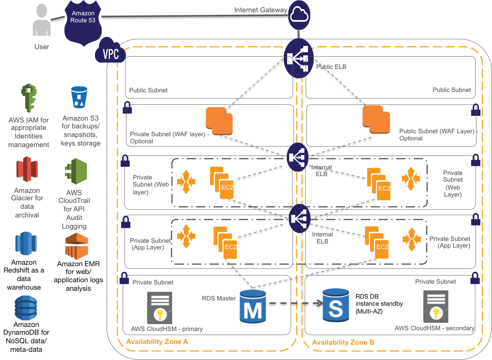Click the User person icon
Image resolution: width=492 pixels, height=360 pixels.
pos(41,21)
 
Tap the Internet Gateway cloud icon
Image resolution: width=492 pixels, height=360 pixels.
pos(299,15)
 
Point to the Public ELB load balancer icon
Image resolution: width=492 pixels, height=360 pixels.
pos(298,58)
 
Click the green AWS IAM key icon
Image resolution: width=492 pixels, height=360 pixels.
pos(29,98)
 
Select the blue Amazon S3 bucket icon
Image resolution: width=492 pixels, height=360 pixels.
pos(79,97)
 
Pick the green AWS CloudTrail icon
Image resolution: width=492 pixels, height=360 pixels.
pos(76,171)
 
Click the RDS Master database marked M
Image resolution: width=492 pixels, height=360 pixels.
pos(253,306)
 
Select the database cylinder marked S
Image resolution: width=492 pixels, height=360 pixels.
pos(336,305)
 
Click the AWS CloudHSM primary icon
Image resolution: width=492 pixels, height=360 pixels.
pos(160,308)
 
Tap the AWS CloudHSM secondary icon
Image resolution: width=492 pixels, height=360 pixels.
pos(436,306)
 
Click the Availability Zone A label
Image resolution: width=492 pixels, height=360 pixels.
pos(157,342)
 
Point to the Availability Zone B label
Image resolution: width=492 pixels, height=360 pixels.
pos(343,343)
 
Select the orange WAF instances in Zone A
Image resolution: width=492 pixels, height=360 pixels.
pos(219,121)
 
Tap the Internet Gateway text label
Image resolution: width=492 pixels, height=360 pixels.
pos(260,10)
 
